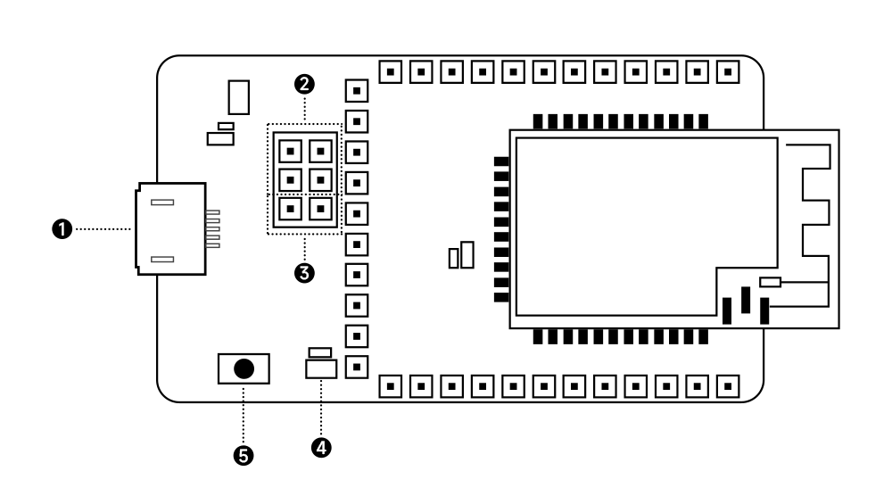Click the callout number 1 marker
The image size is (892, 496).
(x=62, y=229)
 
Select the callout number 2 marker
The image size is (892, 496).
(x=305, y=85)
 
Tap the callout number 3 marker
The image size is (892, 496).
(x=305, y=273)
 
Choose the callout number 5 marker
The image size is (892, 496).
(x=243, y=456)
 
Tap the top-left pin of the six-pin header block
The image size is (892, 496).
(x=288, y=149)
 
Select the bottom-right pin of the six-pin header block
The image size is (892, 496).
(x=319, y=210)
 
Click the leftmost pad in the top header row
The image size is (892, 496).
(x=390, y=69)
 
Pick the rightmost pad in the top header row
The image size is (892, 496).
(x=729, y=69)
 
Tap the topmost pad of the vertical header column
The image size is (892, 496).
(x=357, y=90)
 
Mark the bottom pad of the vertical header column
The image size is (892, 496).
(x=357, y=365)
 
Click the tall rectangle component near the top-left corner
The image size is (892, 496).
(x=238, y=96)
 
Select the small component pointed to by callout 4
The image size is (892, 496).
(x=320, y=368)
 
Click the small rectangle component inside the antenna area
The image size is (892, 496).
(x=770, y=282)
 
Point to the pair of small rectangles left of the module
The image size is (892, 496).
(x=461, y=256)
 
